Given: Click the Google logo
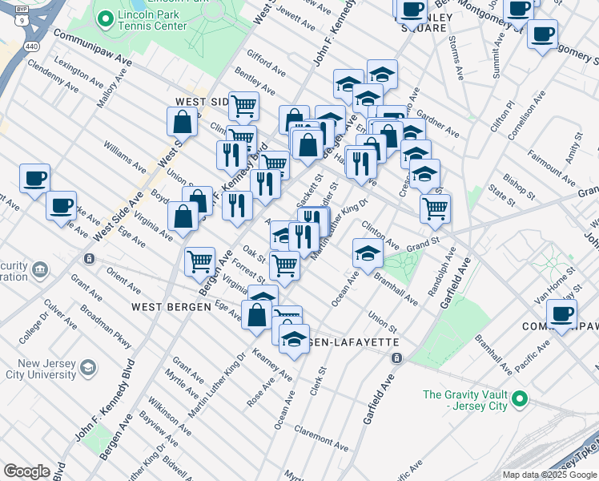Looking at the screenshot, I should click(x=26, y=471).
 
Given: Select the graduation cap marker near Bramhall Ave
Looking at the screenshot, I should click(x=367, y=254).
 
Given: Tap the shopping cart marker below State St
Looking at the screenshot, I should click(x=436, y=208).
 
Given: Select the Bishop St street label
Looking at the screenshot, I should click(x=519, y=186).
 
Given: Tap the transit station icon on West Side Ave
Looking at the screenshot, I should click(x=89, y=259).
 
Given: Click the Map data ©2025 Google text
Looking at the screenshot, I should click(x=549, y=474).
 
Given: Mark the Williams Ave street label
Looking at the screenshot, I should click(x=123, y=157).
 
